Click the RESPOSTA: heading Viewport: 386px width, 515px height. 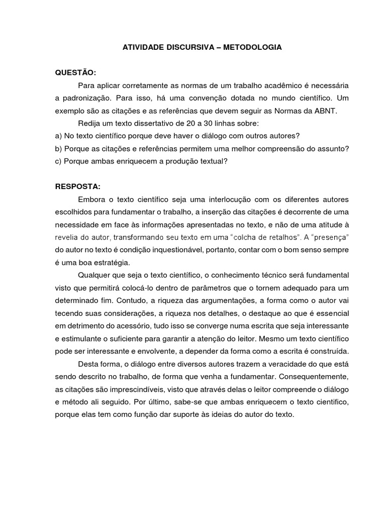pyautogui.click(x=78, y=187)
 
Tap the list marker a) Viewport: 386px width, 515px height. pyautogui.click(x=58, y=136)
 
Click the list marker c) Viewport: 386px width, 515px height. pyautogui.click(x=58, y=161)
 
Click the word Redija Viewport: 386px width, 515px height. pyautogui.click(x=89, y=124)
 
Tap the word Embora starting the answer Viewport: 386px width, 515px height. pyautogui.click(x=91, y=200)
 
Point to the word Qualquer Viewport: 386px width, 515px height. pyautogui.click(x=94, y=275)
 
